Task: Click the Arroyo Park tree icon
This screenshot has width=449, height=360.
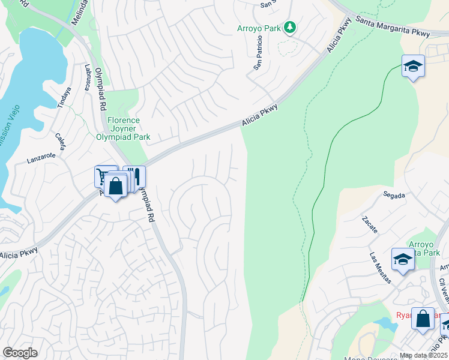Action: [290, 27]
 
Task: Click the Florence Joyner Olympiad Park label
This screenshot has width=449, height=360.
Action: [123, 128]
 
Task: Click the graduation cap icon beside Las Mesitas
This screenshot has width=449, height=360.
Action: [402, 259]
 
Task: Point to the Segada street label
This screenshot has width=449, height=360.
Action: [394, 195]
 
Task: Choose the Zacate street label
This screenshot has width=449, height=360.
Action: [370, 224]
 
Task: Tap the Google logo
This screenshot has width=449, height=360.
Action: [20, 353]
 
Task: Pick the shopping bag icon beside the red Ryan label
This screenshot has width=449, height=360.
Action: [423, 319]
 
